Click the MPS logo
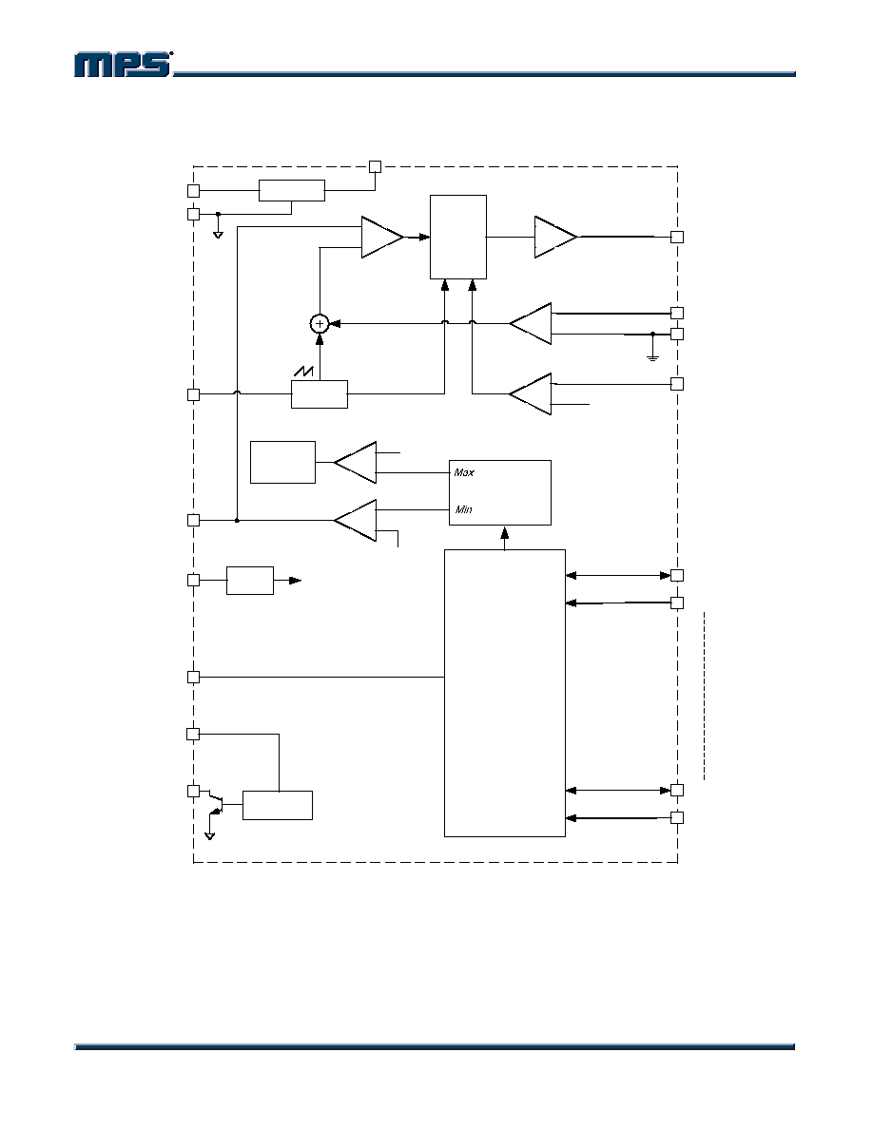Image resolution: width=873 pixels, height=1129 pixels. pyautogui.click(x=123, y=65)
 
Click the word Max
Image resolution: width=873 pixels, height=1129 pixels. pyautogui.click(x=464, y=473)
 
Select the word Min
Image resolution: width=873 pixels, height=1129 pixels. pyautogui.click(x=463, y=509)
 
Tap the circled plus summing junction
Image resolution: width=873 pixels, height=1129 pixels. pyautogui.click(x=320, y=324)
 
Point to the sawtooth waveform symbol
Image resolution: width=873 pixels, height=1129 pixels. pyautogui.click(x=304, y=373)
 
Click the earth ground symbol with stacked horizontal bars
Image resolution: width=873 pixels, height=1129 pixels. pyautogui.click(x=652, y=356)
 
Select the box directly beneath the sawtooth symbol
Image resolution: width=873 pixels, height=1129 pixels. pyautogui.click(x=320, y=394)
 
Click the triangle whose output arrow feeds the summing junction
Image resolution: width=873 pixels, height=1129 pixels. pyautogui.click(x=531, y=324)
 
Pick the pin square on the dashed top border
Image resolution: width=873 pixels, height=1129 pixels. pyautogui.click(x=375, y=167)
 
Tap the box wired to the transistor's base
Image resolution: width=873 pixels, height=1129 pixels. pyautogui.click(x=278, y=805)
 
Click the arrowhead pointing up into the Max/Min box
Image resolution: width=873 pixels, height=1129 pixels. pyautogui.click(x=504, y=533)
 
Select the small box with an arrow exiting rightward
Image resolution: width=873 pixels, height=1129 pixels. pyautogui.click(x=250, y=581)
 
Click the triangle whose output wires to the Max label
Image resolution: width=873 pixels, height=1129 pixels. pyautogui.click(x=355, y=462)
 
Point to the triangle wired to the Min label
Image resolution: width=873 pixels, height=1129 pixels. pyautogui.click(x=355, y=520)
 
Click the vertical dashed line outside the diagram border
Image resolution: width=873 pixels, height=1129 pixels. pyautogui.click(x=705, y=696)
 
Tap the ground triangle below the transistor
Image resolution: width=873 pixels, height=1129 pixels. pyautogui.click(x=209, y=836)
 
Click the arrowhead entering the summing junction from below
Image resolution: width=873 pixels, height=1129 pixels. pyautogui.click(x=320, y=339)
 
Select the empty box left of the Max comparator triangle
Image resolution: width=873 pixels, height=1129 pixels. pyautogui.click(x=282, y=462)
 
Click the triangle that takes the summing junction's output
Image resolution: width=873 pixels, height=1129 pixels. pyautogui.click(x=382, y=237)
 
